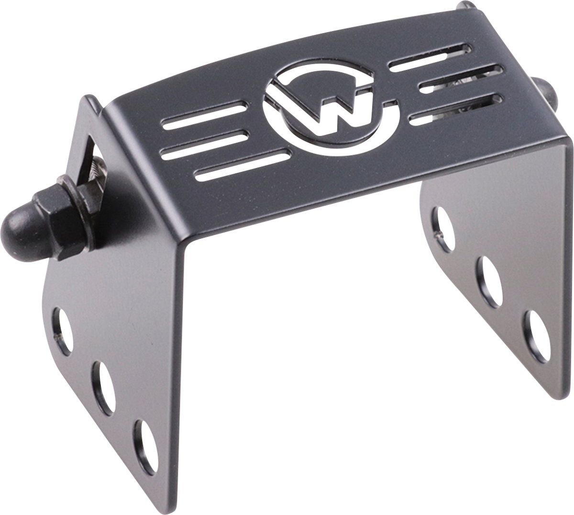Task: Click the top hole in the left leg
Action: coord(62,330)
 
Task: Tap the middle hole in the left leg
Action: coord(103,387)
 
